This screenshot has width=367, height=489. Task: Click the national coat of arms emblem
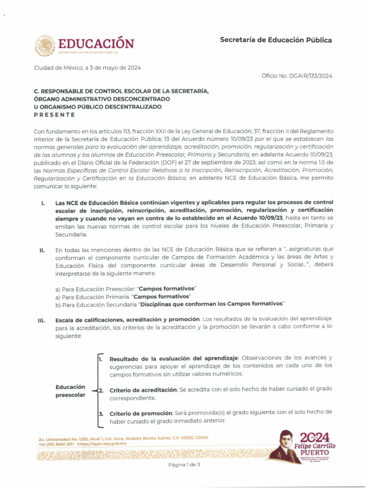[x=44, y=46]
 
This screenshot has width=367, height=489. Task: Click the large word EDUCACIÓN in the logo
[x=96, y=44]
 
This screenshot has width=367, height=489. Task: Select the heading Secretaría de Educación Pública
[x=275, y=40]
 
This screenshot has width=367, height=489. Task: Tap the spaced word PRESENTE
[x=54, y=115]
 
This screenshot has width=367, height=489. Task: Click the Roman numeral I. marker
[x=43, y=203]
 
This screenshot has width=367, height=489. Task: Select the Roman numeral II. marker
[x=43, y=250]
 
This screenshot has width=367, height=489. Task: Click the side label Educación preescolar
[x=70, y=391]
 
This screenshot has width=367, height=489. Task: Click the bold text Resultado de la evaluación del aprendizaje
[x=174, y=358]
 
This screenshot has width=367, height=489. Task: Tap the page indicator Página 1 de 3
[x=183, y=465]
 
